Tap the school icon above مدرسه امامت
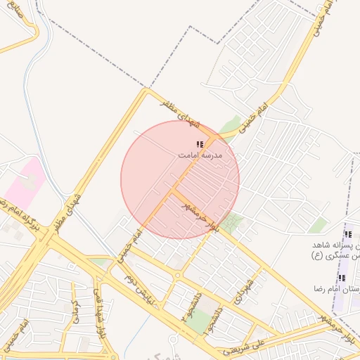tap(200, 143)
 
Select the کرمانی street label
tap(74, 307)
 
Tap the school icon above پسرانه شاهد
tap(347, 234)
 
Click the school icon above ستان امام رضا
tap(342, 278)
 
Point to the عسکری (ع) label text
tap(328, 255)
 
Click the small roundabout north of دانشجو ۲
tap(179, 275)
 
